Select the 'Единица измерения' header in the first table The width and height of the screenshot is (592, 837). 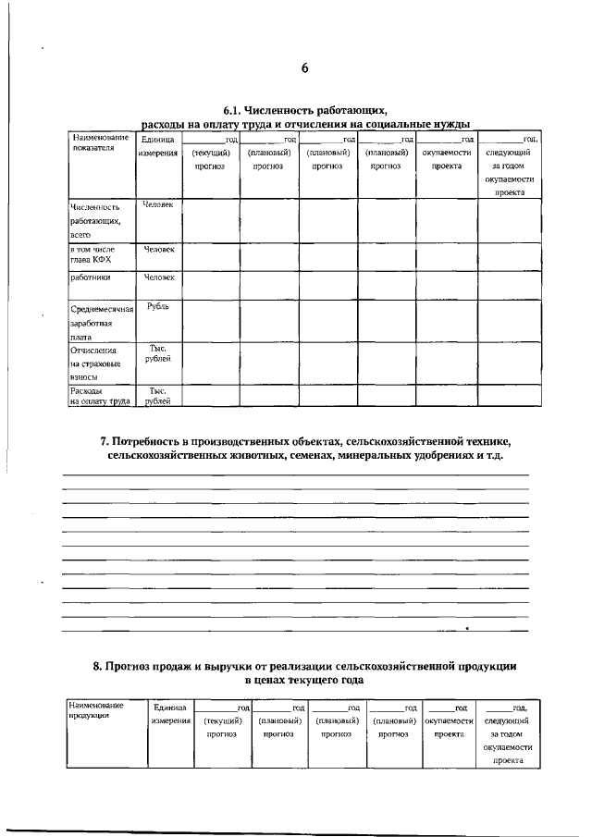[158, 146]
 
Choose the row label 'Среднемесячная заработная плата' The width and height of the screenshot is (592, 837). [101, 323]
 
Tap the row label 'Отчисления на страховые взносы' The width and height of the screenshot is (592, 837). [101, 364]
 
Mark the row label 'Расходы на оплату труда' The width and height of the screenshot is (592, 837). [101, 397]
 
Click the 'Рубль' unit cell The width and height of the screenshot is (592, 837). [158, 306]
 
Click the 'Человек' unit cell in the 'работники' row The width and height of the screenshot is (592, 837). [158, 277]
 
